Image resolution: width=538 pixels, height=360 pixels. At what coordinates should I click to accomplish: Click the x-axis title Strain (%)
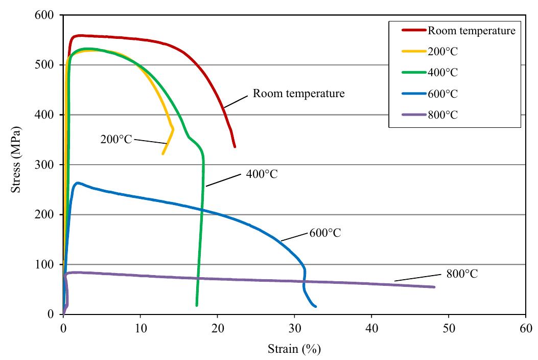click(294, 349)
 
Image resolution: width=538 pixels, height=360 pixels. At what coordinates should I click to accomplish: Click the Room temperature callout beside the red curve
click(299, 94)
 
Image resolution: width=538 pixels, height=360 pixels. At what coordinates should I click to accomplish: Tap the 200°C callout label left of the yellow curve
click(117, 139)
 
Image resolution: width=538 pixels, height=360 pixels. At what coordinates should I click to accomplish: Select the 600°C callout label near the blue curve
click(325, 233)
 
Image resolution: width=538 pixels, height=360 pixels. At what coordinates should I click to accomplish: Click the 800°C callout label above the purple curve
click(462, 274)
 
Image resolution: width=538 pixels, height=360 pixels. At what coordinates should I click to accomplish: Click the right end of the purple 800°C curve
click(434, 287)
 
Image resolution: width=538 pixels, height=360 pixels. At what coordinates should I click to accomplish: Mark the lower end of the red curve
click(235, 147)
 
